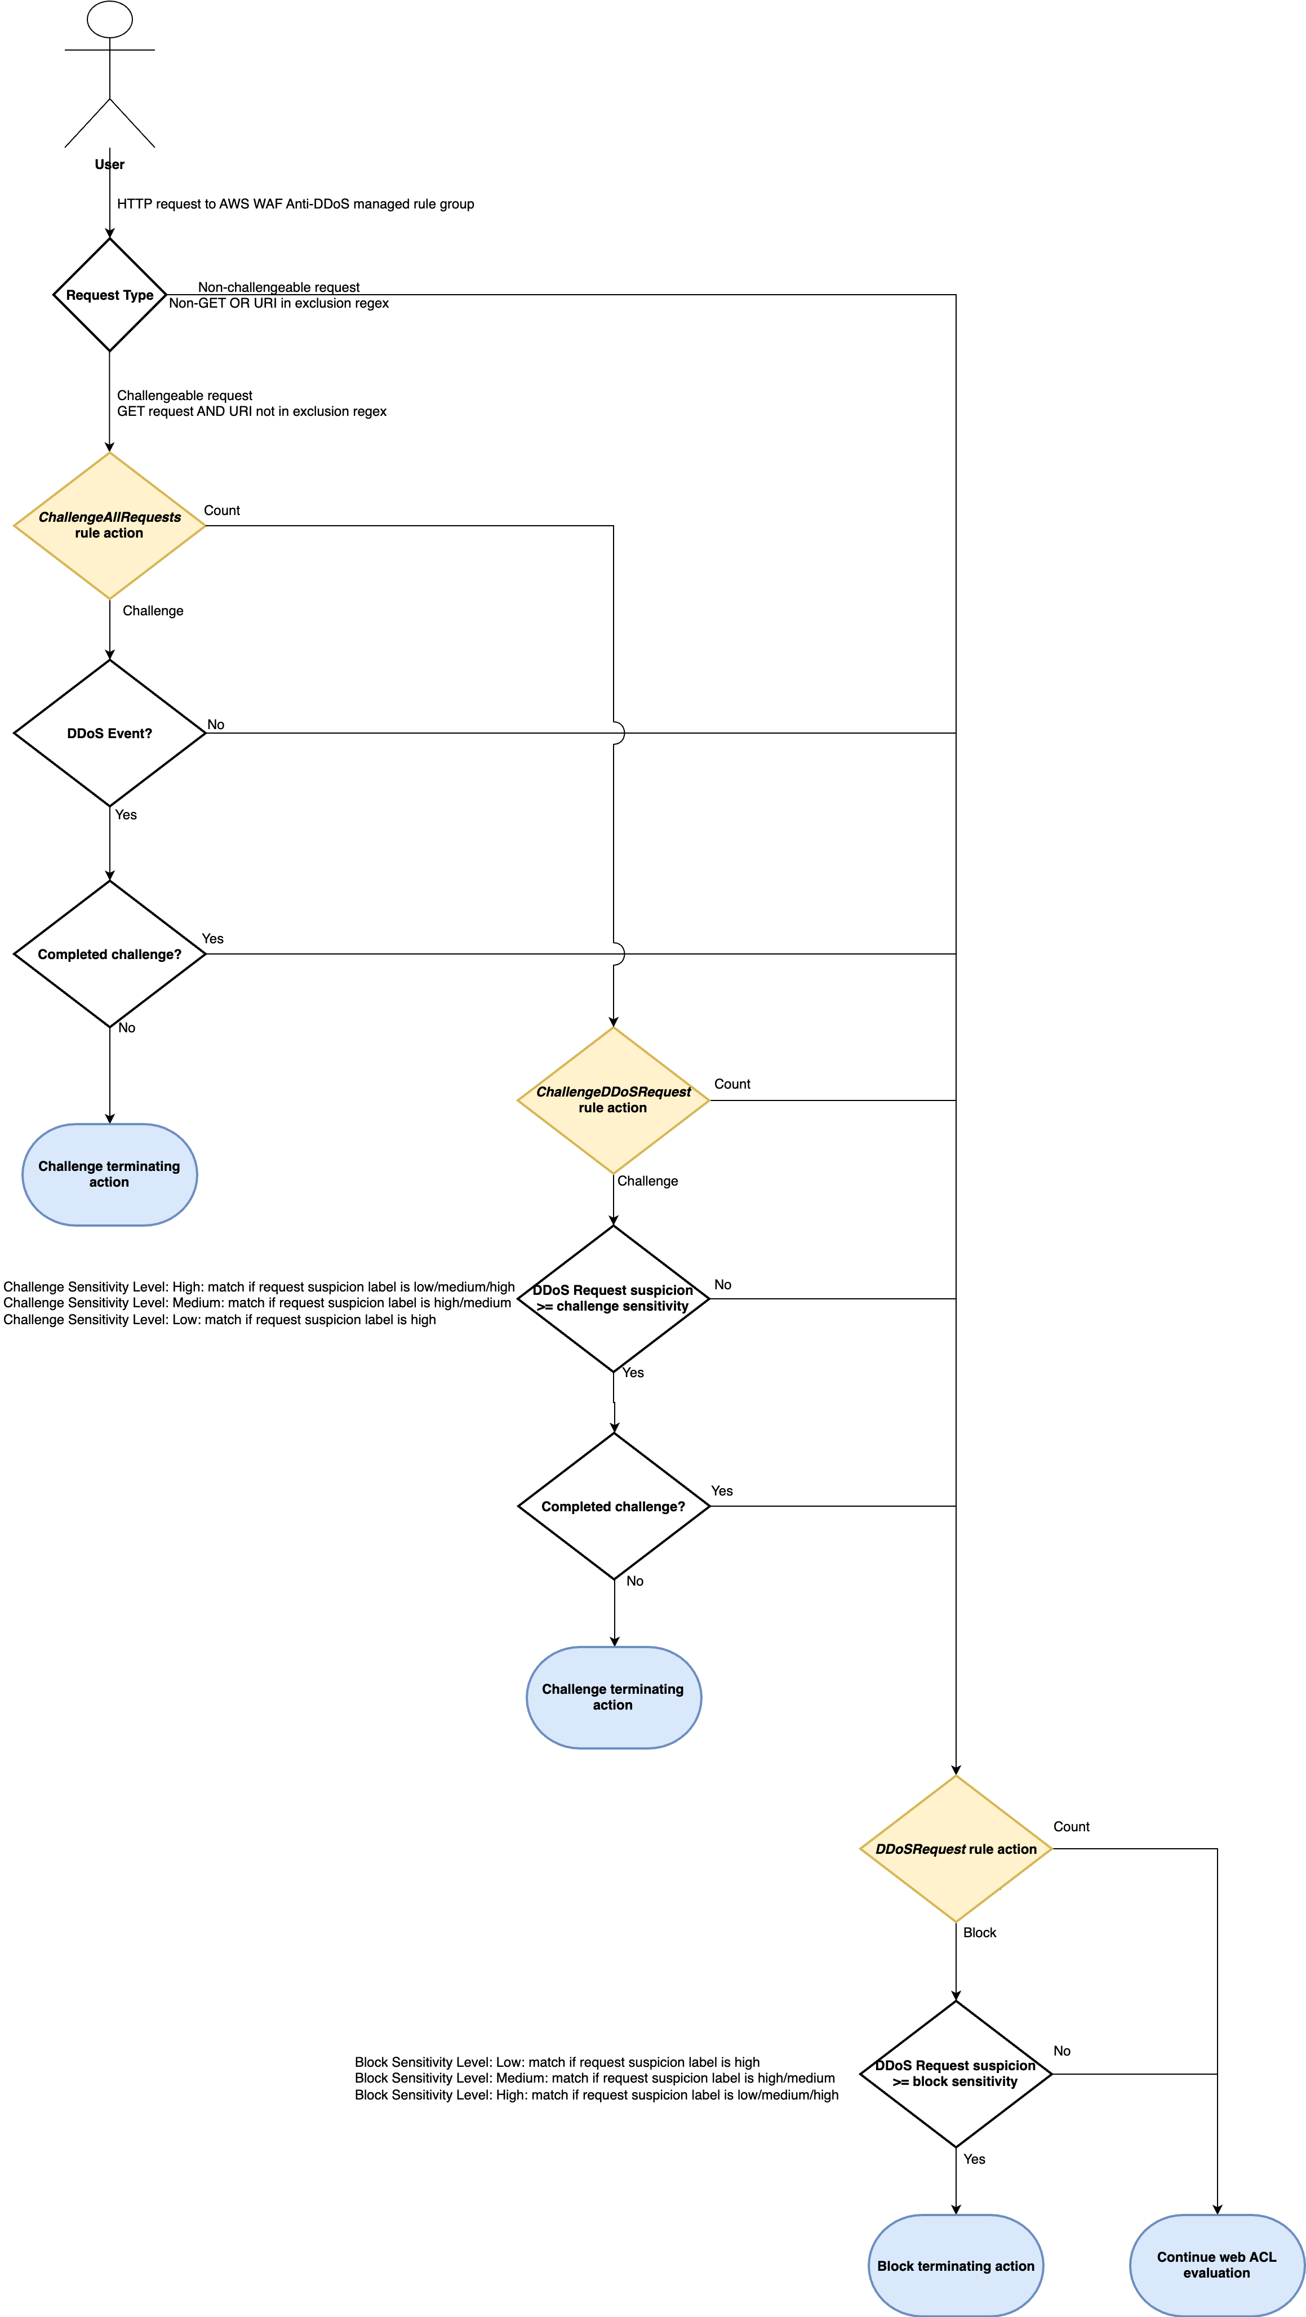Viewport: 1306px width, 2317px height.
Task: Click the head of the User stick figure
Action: (x=110, y=19)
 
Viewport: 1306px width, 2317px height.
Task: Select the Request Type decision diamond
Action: (x=110, y=295)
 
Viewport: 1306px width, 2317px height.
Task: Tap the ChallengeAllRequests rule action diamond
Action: (x=110, y=525)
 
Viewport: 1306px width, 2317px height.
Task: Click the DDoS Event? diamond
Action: (x=110, y=733)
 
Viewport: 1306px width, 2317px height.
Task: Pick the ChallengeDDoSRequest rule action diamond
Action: (x=614, y=1100)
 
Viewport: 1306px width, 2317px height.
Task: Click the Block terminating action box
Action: (x=956, y=2266)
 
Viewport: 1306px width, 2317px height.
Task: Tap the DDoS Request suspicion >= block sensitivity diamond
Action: (x=956, y=2073)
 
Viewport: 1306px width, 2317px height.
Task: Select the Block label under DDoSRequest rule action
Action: (x=979, y=1933)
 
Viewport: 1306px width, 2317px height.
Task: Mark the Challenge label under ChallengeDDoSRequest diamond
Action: (x=647, y=1181)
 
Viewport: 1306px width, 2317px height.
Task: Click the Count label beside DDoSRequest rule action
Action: (x=1071, y=1827)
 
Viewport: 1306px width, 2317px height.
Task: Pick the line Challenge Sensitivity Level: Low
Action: (x=220, y=1320)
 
